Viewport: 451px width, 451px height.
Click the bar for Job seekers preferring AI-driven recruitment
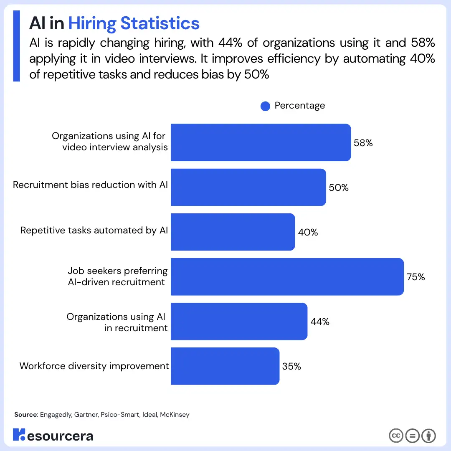pos(287,277)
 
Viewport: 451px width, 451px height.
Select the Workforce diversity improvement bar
pos(225,366)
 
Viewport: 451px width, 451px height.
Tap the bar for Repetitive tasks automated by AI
pos(233,232)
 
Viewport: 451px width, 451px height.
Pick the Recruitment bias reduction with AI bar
pos(248,187)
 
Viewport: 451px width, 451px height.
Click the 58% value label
pos(363,143)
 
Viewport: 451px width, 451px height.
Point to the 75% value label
pos(416,277)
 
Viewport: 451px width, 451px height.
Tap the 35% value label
pos(291,366)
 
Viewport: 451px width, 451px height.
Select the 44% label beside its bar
pos(320,322)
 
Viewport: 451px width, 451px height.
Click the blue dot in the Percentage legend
pos(265,106)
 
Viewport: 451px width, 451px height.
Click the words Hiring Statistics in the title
pos(134,23)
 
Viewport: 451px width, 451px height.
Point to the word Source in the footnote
pos(26,415)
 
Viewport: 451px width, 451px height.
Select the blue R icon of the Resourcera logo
pos(19,435)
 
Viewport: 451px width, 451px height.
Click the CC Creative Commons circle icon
pos(396,436)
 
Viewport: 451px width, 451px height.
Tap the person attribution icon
pos(428,436)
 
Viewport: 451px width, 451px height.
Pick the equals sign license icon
pos(412,436)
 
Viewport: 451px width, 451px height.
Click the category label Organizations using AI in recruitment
pos(117,322)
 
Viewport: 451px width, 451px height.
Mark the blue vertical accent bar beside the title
pos(17,46)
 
